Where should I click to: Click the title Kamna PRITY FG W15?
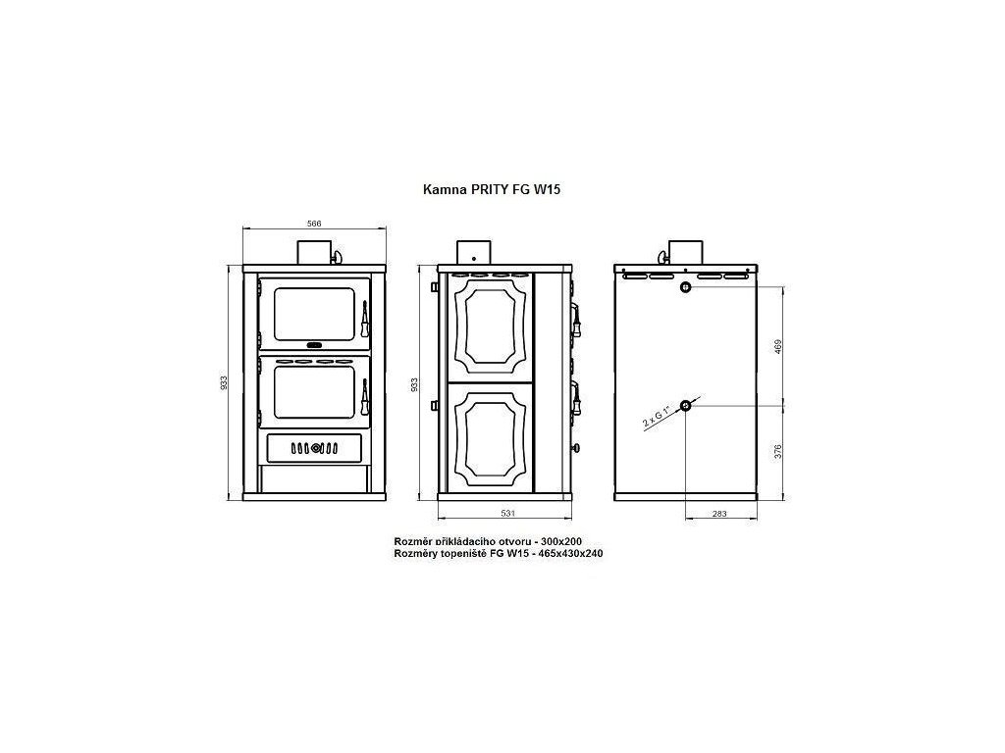(492, 189)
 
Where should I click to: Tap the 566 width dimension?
(314, 224)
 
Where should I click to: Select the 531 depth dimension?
(507, 513)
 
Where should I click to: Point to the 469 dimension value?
(778, 347)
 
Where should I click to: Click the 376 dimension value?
(778, 451)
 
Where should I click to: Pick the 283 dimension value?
(719, 514)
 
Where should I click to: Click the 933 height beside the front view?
(224, 383)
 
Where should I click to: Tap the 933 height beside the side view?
(414, 384)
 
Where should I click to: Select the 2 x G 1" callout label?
(657, 417)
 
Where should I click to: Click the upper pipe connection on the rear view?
(686, 286)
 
